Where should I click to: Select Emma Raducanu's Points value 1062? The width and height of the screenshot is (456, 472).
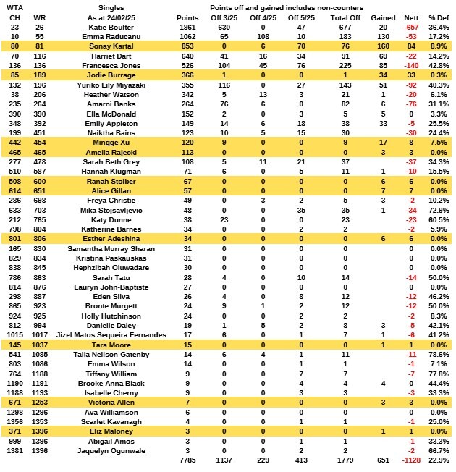[187, 35]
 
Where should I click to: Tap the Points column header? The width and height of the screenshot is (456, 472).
[187, 17]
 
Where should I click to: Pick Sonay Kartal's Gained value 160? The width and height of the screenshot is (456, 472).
[387, 46]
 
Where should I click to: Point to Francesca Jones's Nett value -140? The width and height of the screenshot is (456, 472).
[411, 64]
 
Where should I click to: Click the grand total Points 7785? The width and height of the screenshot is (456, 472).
[187, 459]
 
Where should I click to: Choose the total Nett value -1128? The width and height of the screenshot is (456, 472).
[409, 459]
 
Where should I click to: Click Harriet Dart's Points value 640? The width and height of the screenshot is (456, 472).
[187, 55]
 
